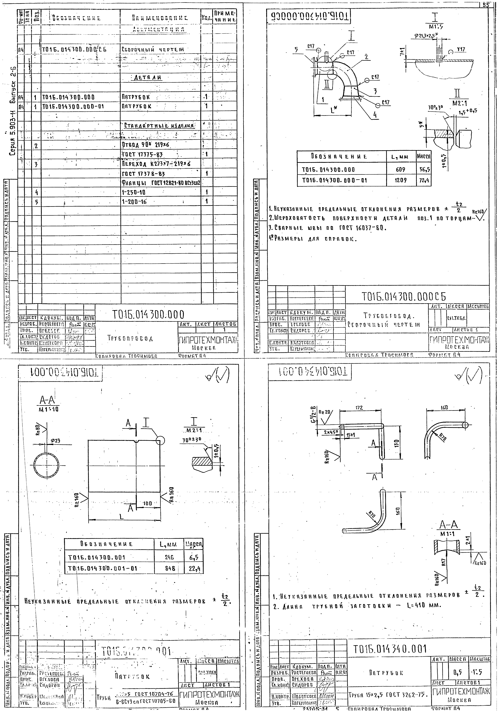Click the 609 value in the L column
(x=400, y=170)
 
